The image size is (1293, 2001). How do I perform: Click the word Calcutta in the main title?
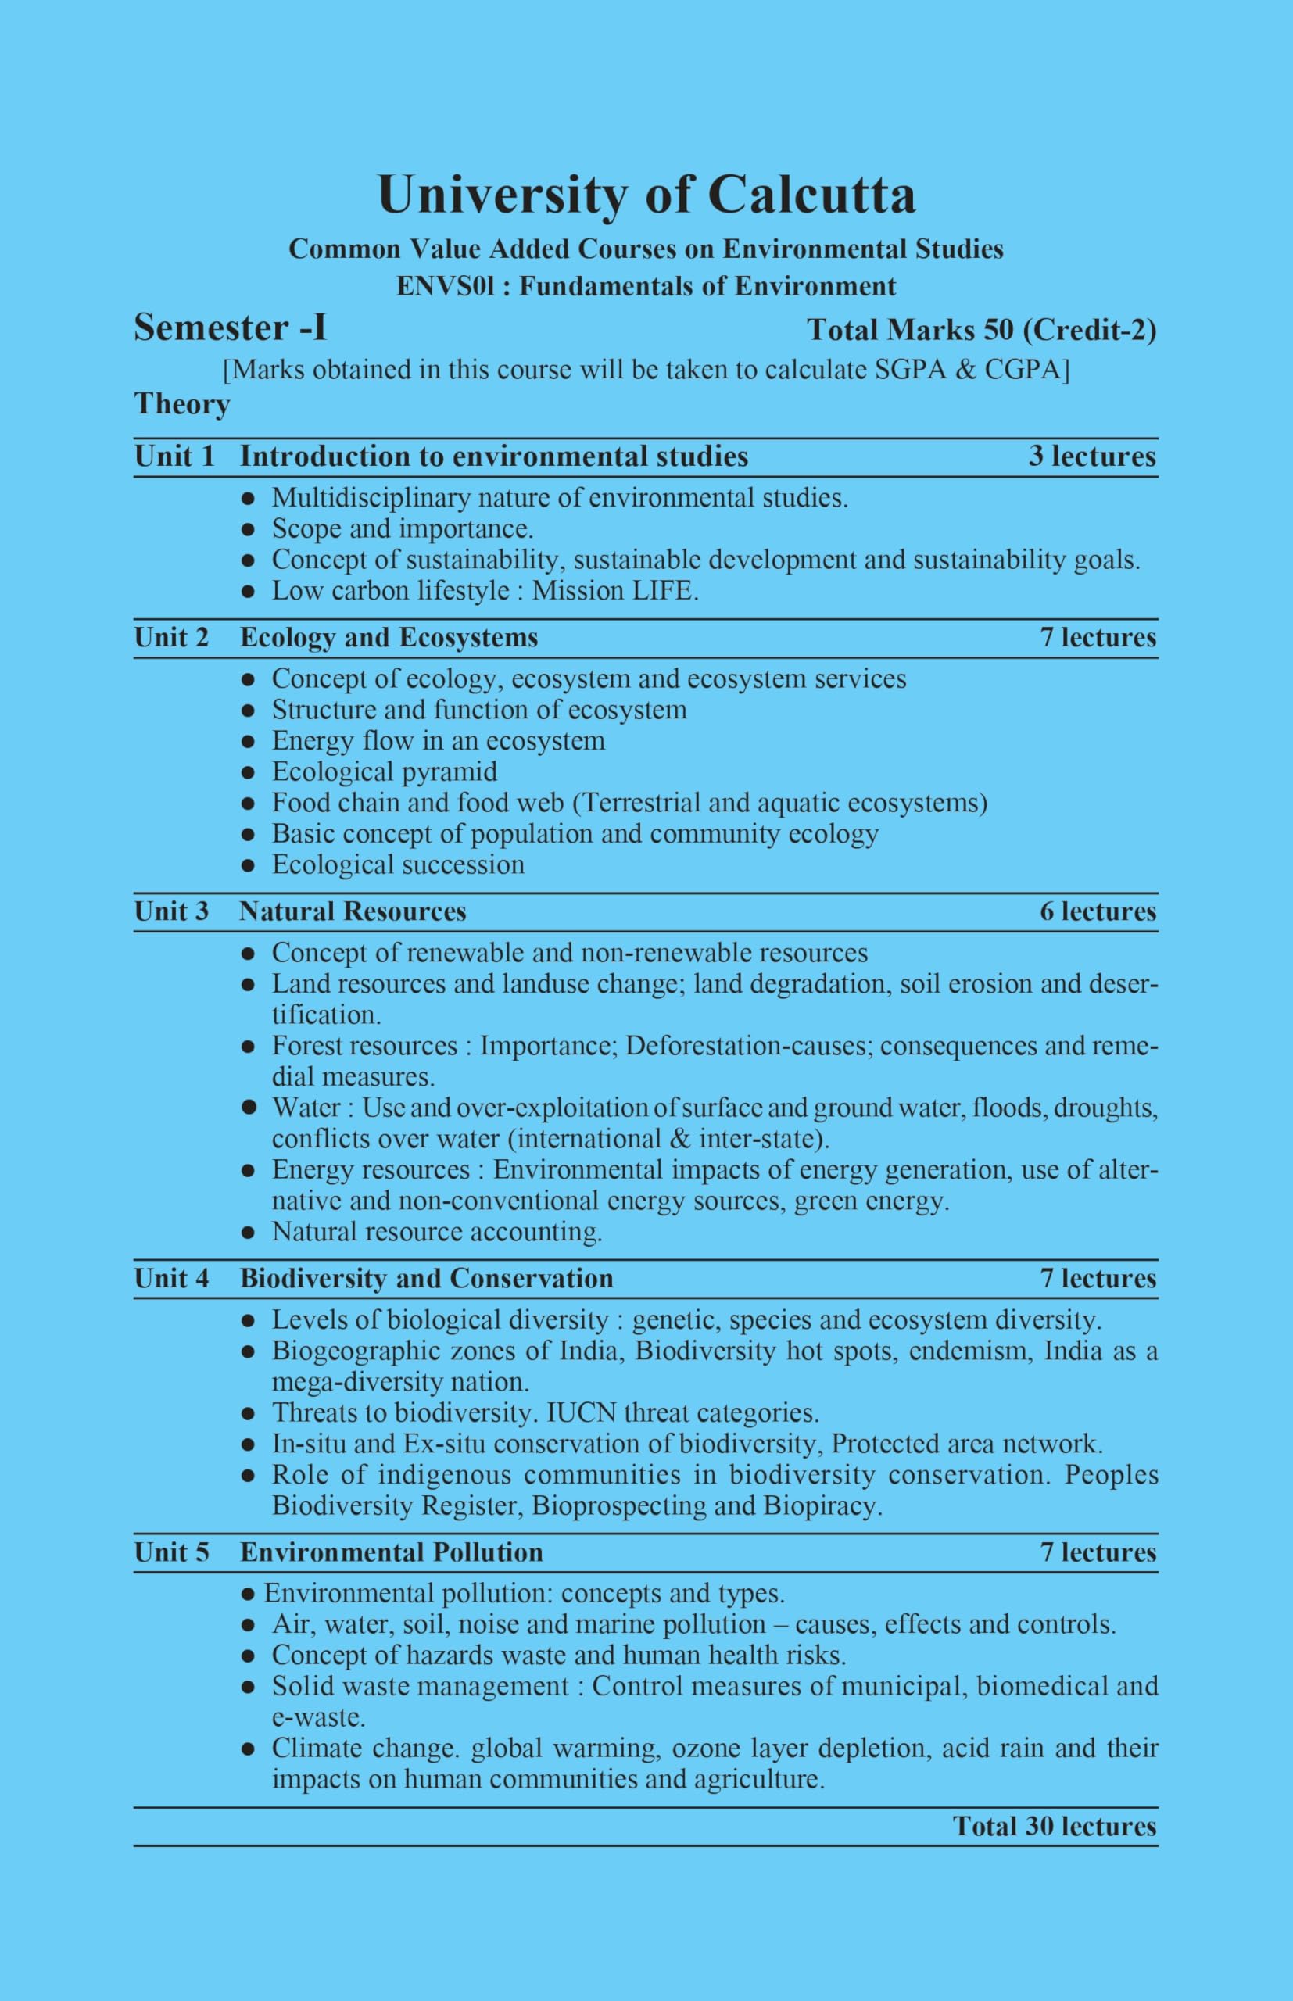pyautogui.click(x=811, y=195)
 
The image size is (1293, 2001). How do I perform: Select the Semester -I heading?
pyautogui.click(x=230, y=328)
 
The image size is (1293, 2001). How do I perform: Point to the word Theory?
pyautogui.click(x=181, y=405)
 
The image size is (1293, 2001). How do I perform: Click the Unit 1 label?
pyautogui.click(x=174, y=456)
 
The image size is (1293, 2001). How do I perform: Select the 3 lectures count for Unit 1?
pyautogui.click(x=1091, y=456)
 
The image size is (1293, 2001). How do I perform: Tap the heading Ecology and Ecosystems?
pyautogui.click(x=389, y=638)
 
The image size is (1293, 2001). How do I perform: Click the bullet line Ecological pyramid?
pyautogui.click(x=384, y=771)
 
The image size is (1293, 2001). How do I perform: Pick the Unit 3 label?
pyautogui.click(x=171, y=911)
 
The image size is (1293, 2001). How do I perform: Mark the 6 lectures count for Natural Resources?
pyautogui.click(x=1098, y=911)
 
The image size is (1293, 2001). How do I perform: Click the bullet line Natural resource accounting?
pyautogui.click(x=436, y=1232)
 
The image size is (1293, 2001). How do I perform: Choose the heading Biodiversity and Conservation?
pyautogui.click(x=427, y=1278)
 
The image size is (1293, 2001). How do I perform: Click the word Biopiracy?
pyautogui.click(x=821, y=1505)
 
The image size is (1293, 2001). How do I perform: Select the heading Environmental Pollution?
pyautogui.click(x=391, y=1552)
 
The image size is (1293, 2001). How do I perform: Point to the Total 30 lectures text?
pyautogui.click(x=1055, y=1827)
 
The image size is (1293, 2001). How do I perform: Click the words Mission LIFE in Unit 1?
pyautogui.click(x=614, y=591)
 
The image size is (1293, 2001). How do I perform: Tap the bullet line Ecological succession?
pyautogui.click(x=398, y=864)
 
